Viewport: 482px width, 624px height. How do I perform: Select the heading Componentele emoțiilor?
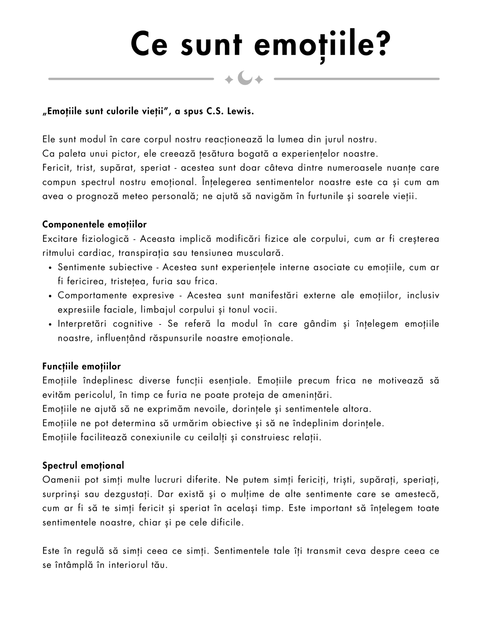tap(94, 224)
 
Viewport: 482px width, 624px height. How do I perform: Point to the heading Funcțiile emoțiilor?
tap(81, 367)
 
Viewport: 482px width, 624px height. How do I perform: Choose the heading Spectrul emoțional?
tap(83, 465)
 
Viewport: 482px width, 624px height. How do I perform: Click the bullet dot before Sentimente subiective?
tap(50, 268)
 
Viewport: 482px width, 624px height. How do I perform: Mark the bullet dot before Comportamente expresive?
tap(50, 296)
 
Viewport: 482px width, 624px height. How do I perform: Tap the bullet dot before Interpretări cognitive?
tap(50, 325)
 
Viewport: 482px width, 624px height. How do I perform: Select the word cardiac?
tap(95, 253)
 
